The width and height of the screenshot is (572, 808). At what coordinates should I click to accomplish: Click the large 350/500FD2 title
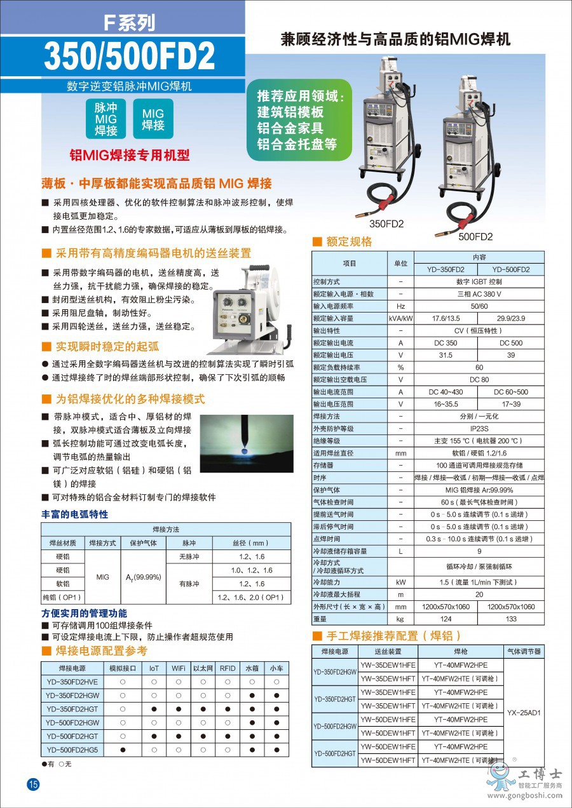[129, 56]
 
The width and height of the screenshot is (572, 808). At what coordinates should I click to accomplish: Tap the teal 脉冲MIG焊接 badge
[106, 119]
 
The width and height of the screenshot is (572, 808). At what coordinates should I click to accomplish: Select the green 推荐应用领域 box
[299, 120]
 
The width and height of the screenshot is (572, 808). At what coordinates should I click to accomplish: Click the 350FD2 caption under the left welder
[386, 224]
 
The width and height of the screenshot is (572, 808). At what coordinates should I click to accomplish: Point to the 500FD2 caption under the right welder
[475, 237]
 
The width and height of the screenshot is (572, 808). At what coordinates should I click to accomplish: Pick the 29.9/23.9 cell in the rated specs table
[510, 318]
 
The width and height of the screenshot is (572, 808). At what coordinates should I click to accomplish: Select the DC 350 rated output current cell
[446, 342]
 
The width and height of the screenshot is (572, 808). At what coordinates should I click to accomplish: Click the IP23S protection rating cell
[479, 429]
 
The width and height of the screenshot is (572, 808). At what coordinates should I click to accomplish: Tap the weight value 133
[510, 619]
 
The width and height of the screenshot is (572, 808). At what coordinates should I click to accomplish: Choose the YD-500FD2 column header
[510, 269]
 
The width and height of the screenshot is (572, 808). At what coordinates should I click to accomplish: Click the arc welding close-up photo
[247, 443]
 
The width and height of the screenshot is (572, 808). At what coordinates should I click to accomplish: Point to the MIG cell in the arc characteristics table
[102, 577]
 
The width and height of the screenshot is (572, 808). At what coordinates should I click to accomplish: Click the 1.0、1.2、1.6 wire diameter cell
[252, 570]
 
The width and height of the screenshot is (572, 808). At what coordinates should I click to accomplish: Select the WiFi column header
[179, 668]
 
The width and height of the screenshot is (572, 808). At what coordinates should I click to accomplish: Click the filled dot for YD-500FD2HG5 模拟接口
[123, 750]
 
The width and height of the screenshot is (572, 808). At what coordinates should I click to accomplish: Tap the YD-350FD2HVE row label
[72, 682]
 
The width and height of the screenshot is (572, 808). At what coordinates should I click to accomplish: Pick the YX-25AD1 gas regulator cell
[524, 713]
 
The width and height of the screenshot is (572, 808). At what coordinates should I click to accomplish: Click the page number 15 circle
[33, 784]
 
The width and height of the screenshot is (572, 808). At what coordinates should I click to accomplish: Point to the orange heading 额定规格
[349, 241]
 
